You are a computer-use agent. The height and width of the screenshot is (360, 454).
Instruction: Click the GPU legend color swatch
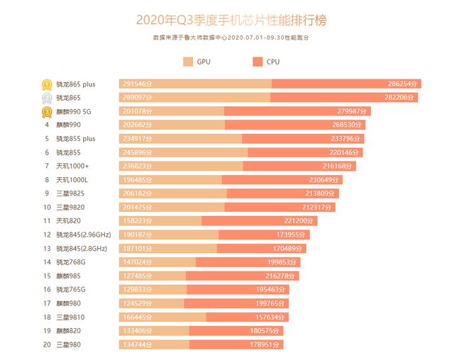point(188,62)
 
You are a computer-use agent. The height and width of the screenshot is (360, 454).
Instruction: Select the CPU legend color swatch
point(258,62)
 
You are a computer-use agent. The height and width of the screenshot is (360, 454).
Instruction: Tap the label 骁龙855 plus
point(75,138)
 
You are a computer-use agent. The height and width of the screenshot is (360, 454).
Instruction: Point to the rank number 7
point(47,166)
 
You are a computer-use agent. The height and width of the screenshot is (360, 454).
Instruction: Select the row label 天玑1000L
point(72,179)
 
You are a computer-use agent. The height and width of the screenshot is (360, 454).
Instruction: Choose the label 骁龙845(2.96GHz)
point(82,234)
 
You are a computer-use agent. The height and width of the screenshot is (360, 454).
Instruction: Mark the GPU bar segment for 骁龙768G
point(157,261)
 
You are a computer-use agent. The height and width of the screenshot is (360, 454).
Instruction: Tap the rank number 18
point(47,316)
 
